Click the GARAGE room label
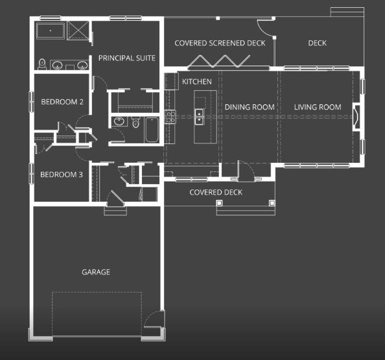coord(96,272)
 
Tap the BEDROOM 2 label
coord(62,102)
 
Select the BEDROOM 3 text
coord(62,174)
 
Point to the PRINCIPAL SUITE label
coord(127,58)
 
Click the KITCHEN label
coord(197,82)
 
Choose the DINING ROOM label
coord(250,107)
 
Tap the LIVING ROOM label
coord(318,107)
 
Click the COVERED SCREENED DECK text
coord(220,43)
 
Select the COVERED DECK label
coord(216,192)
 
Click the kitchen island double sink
coord(199,117)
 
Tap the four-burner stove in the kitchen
coord(170,117)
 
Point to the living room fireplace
coord(356,117)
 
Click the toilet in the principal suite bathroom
coord(42,64)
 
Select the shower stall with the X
coord(78,30)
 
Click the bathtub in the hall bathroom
coord(152,130)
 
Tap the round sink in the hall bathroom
coord(119,121)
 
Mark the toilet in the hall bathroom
coord(135,122)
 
